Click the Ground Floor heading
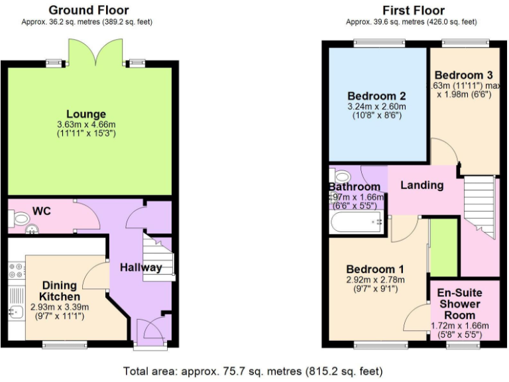(89, 10)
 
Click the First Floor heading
(414, 10)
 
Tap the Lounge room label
(86, 114)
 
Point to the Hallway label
(141, 267)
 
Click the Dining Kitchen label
(60, 290)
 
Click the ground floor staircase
(159, 259)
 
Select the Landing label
(422, 185)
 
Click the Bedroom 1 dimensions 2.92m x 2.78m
(375, 282)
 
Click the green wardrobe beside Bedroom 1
(444, 246)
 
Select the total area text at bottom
(253, 371)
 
